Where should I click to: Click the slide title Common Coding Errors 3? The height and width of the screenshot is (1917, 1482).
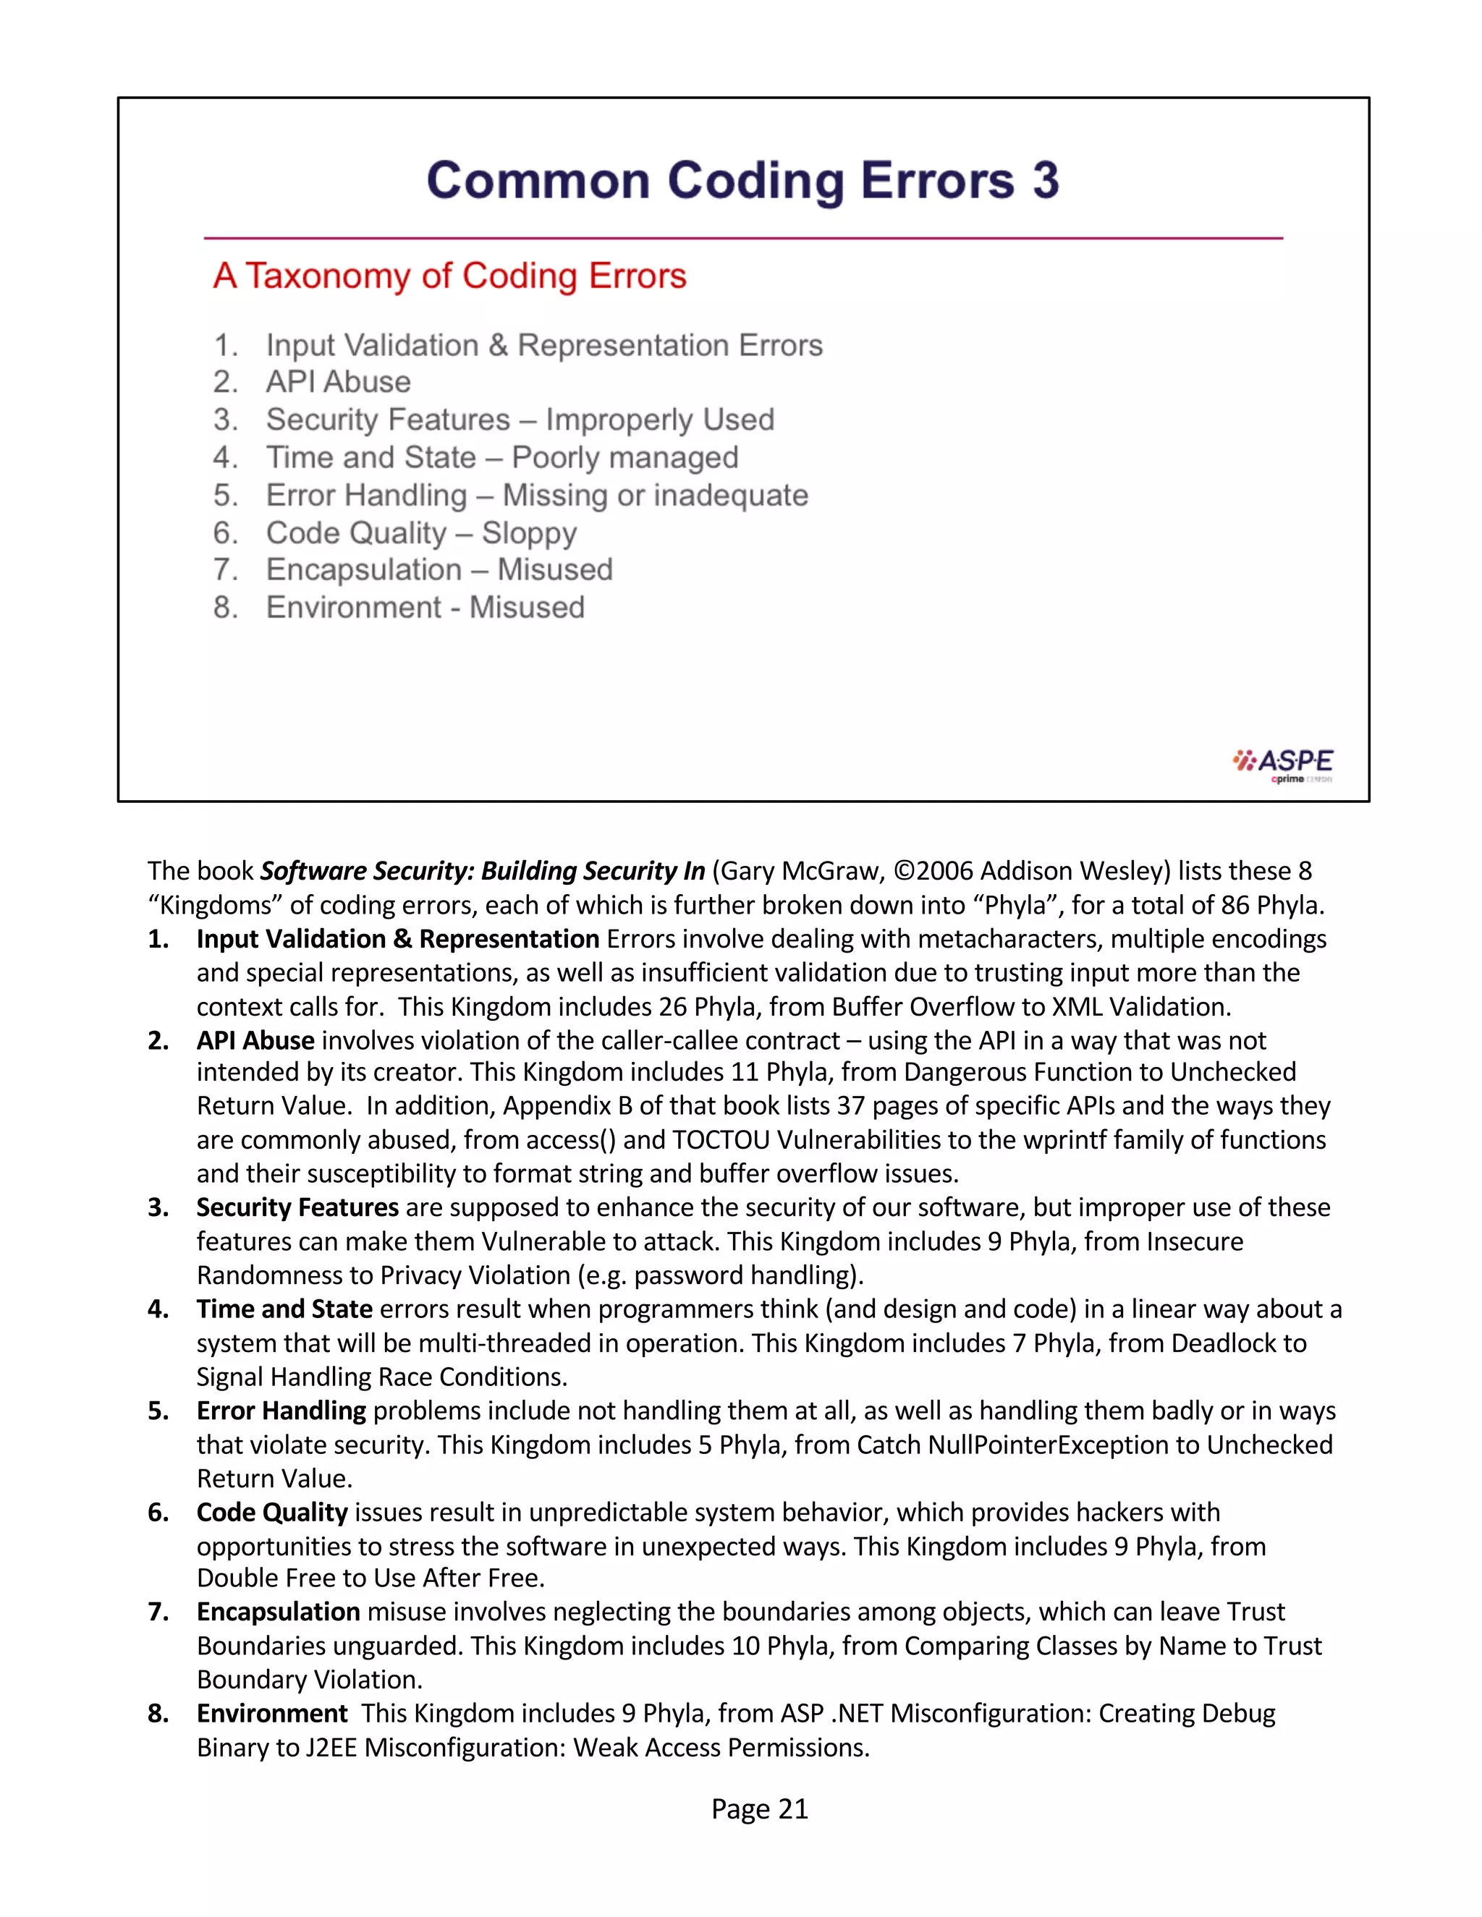coord(742,181)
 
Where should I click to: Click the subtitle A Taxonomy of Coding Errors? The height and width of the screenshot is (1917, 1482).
coord(449,276)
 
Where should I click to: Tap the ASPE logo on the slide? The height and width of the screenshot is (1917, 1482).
coord(1283,765)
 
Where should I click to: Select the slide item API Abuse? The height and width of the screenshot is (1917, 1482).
coord(338,382)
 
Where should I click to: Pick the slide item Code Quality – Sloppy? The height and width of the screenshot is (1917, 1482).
coord(421,533)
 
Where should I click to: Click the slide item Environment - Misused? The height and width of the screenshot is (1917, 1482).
coord(425,608)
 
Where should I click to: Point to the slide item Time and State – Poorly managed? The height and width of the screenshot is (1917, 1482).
coord(501,457)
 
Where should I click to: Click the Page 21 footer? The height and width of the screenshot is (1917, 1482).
coord(758,1808)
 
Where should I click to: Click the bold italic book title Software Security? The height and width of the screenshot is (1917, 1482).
coord(482,871)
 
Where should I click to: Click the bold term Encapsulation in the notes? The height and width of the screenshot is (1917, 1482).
coord(279,1612)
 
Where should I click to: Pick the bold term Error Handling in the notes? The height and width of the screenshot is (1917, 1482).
coord(281,1411)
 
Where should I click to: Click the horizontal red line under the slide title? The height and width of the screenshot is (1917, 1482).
coord(742,238)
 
